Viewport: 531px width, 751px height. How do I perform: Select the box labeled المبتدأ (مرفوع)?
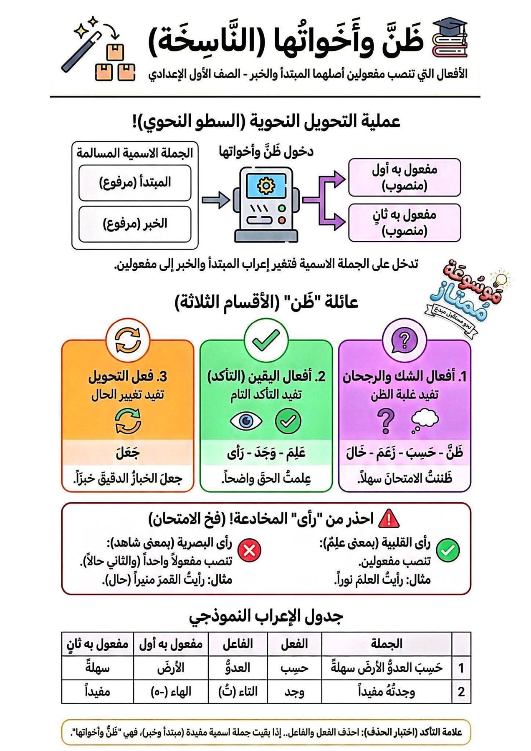click(135, 182)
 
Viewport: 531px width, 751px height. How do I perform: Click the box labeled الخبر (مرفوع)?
click(135, 224)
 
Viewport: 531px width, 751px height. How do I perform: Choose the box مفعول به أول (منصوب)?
click(405, 177)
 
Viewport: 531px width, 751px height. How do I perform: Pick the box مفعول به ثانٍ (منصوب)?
click(405, 222)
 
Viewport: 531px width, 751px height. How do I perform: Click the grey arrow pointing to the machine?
click(215, 200)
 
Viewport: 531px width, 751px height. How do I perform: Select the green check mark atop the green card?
click(266, 340)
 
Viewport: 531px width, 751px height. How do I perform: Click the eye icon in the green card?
click(246, 421)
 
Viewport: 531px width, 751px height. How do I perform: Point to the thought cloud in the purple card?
click(425, 419)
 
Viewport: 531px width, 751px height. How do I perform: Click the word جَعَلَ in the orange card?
click(128, 452)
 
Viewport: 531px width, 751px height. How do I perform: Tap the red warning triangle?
click(389, 519)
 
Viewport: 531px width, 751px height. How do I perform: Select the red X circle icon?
click(249, 550)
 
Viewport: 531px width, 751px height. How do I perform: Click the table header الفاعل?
click(238, 644)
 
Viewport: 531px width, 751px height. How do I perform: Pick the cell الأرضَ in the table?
click(171, 668)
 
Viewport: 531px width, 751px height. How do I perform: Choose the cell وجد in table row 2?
click(294, 692)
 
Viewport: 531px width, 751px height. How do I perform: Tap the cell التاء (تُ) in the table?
click(238, 692)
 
